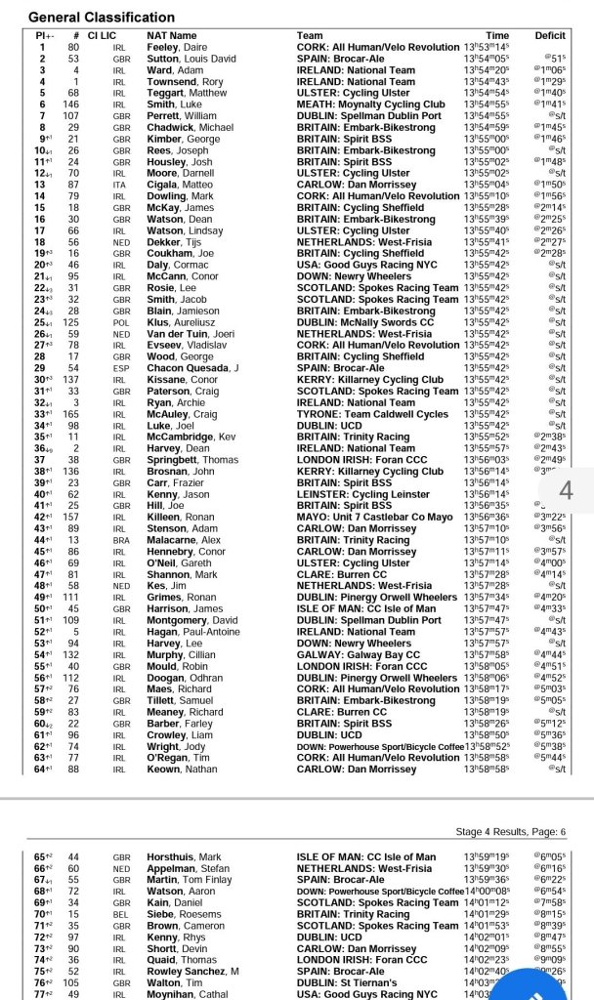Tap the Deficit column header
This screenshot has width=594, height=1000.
coord(549,35)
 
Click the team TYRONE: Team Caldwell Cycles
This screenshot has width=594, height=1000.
coord(372,413)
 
